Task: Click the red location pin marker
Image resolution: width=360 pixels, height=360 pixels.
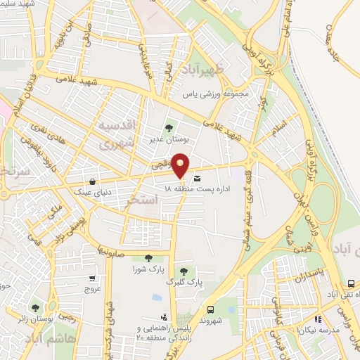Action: (181, 166)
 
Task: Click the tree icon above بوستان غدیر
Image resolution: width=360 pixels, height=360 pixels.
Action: (169, 128)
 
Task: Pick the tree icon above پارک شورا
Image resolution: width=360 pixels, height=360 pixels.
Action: (148, 258)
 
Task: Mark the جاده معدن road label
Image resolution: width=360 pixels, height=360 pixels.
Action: (341, 39)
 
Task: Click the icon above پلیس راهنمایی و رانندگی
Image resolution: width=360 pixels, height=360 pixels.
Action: (164, 317)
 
